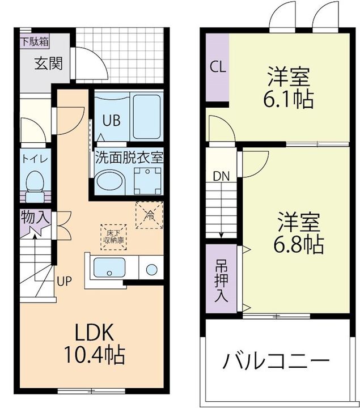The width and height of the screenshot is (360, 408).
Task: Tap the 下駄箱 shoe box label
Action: pos(35,41)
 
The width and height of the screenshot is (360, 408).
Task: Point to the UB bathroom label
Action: pos(111,121)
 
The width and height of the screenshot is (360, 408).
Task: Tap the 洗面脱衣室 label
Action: pos(129,157)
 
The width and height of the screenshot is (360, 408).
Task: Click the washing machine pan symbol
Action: pos(146,182)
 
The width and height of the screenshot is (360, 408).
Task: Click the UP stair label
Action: pos(63,279)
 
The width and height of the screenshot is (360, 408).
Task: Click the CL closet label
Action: pos(218,67)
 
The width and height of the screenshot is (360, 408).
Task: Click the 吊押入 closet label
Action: pos(221,280)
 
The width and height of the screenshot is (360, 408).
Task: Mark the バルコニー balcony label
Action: pos(276,360)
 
